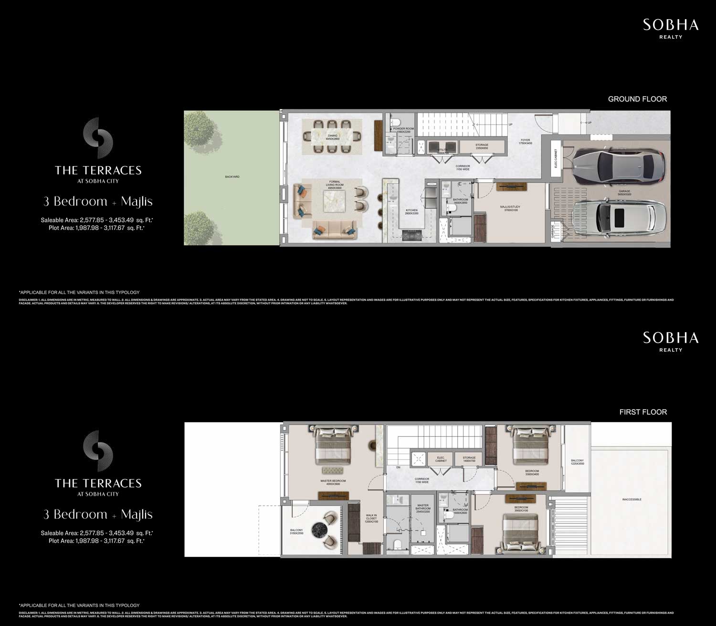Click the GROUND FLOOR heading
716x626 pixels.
[x=637, y=99]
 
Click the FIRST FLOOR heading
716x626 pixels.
[x=643, y=412]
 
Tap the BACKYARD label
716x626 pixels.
[x=232, y=177]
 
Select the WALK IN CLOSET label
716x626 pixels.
[x=371, y=518]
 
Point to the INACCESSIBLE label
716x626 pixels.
[x=632, y=500]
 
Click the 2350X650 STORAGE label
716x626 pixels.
[x=482, y=146]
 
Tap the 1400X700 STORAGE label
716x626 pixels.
[x=469, y=459]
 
